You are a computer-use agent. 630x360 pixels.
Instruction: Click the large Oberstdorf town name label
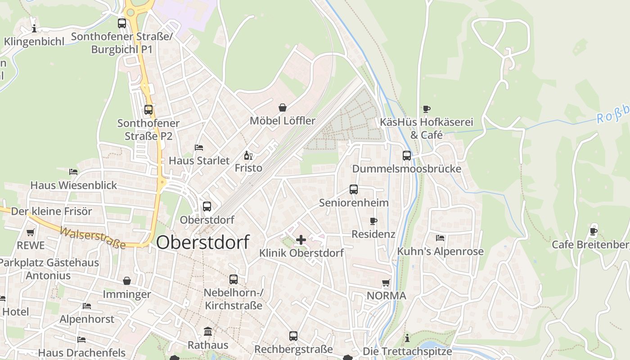(x=202, y=243)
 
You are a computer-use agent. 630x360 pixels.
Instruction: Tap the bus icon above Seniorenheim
(x=354, y=189)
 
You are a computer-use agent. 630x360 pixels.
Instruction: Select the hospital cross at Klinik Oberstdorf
(x=301, y=240)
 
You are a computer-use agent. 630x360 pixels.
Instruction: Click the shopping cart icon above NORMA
(x=386, y=283)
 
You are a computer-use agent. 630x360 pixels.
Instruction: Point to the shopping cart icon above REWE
(x=30, y=233)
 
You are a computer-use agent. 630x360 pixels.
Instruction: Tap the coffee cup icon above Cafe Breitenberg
(x=594, y=232)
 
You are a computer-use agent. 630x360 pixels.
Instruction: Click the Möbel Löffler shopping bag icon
(x=283, y=108)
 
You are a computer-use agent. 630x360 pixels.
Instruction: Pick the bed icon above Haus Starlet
(x=199, y=148)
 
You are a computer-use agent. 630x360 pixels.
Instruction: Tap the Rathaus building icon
(x=208, y=332)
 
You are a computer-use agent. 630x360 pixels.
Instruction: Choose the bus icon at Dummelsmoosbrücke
(x=407, y=156)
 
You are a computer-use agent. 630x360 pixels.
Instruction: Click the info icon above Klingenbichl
(x=34, y=29)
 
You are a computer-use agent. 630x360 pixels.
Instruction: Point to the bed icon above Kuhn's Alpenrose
(x=440, y=238)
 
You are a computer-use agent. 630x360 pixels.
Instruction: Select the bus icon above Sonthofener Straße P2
(x=148, y=110)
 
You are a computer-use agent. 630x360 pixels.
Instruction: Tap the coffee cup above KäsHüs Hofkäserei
(x=426, y=109)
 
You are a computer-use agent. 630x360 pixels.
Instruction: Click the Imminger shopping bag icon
(x=127, y=281)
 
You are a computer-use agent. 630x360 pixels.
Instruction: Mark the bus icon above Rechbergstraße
(x=293, y=336)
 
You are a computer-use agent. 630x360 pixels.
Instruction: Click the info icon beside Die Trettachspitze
(x=407, y=338)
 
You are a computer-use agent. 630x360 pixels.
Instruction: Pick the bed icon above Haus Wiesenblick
(x=73, y=172)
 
